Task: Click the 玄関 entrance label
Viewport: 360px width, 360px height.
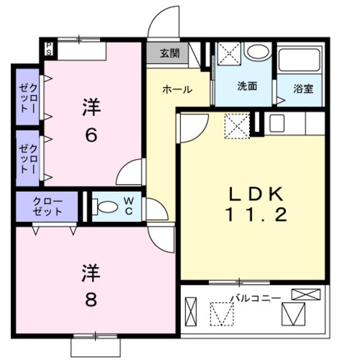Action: [x=169, y=54]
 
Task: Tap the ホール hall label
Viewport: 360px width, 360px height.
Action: [x=177, y=89]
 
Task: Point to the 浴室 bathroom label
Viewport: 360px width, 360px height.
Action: [x=303, y=89]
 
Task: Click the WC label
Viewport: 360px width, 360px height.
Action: [x=129, y=206]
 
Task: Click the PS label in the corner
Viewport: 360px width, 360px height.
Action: [x=49, y=48]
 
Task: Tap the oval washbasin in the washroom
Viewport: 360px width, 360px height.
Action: [x=258, y=52]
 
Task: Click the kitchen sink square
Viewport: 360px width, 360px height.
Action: [x=276, y=123]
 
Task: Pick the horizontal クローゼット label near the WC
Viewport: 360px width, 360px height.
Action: [x=47, y=207]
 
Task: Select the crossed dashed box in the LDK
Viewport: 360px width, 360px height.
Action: [x=236, y=125]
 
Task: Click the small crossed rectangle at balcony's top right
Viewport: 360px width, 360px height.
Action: [x=306, y=294]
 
